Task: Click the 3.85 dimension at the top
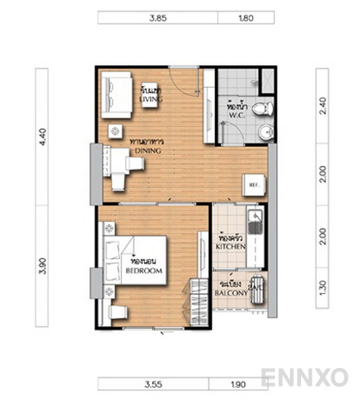[x=157, y=18]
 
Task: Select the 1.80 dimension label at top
[x=246, y=18]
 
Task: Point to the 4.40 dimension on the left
[x=42, y=136]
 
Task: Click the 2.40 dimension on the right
[x=322, y=106]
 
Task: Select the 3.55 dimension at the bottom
[x=153, y=384]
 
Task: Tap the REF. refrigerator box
[x=251, y=184]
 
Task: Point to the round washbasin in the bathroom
[x=265, y=132]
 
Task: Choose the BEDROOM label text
[x=143, y=270]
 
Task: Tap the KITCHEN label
[x=230, y=247]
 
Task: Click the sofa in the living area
[x=116, y=94]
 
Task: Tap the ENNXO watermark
[x=304, y=376]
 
